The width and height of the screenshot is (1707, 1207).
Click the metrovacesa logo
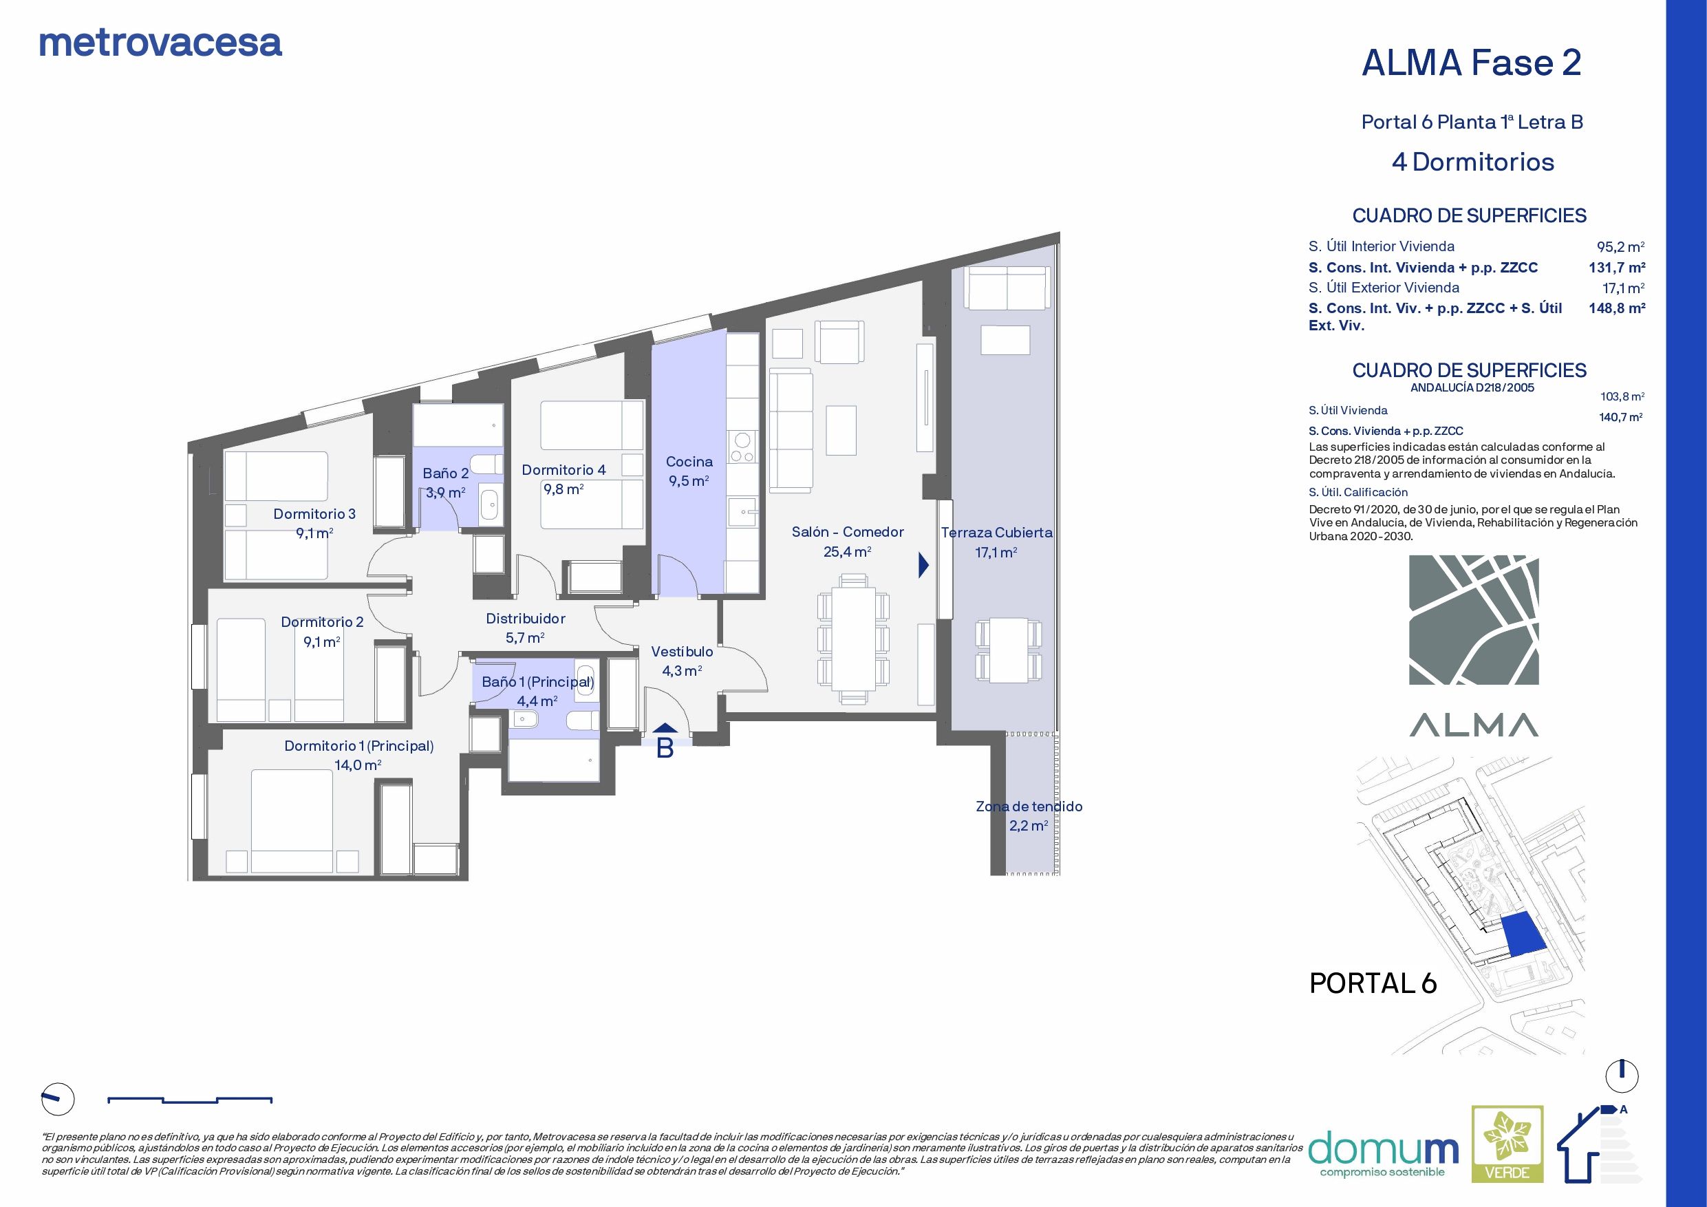coord(160,43)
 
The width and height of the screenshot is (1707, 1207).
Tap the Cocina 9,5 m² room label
coord(689,471)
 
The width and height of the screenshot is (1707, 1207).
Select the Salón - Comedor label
coord(847,542)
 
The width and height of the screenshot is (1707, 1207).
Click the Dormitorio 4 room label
coord(563,478)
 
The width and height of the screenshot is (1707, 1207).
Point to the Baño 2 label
coord(445,482)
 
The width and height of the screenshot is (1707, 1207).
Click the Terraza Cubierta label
coord(996,542)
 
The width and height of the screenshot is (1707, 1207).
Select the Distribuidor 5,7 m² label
coord(525,627)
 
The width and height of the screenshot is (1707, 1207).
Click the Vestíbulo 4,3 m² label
coord(682,661)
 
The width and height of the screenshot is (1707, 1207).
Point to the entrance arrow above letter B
coord(665,728)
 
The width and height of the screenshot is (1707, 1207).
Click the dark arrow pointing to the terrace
coord(923,565)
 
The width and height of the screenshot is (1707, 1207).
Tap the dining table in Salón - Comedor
coord(852,637)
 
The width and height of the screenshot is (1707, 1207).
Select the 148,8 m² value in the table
coord(1616,308)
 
